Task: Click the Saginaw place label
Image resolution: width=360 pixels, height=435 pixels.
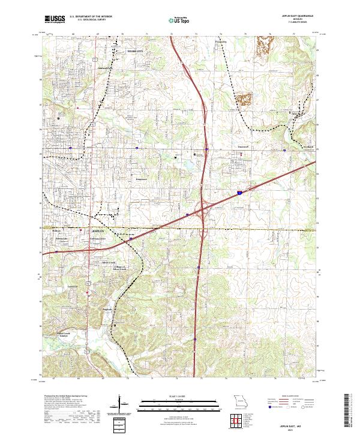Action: pyautogui.click(x=107, y=309)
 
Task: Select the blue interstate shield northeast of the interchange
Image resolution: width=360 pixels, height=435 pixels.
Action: pyautogui.click(x=240, y=193)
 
